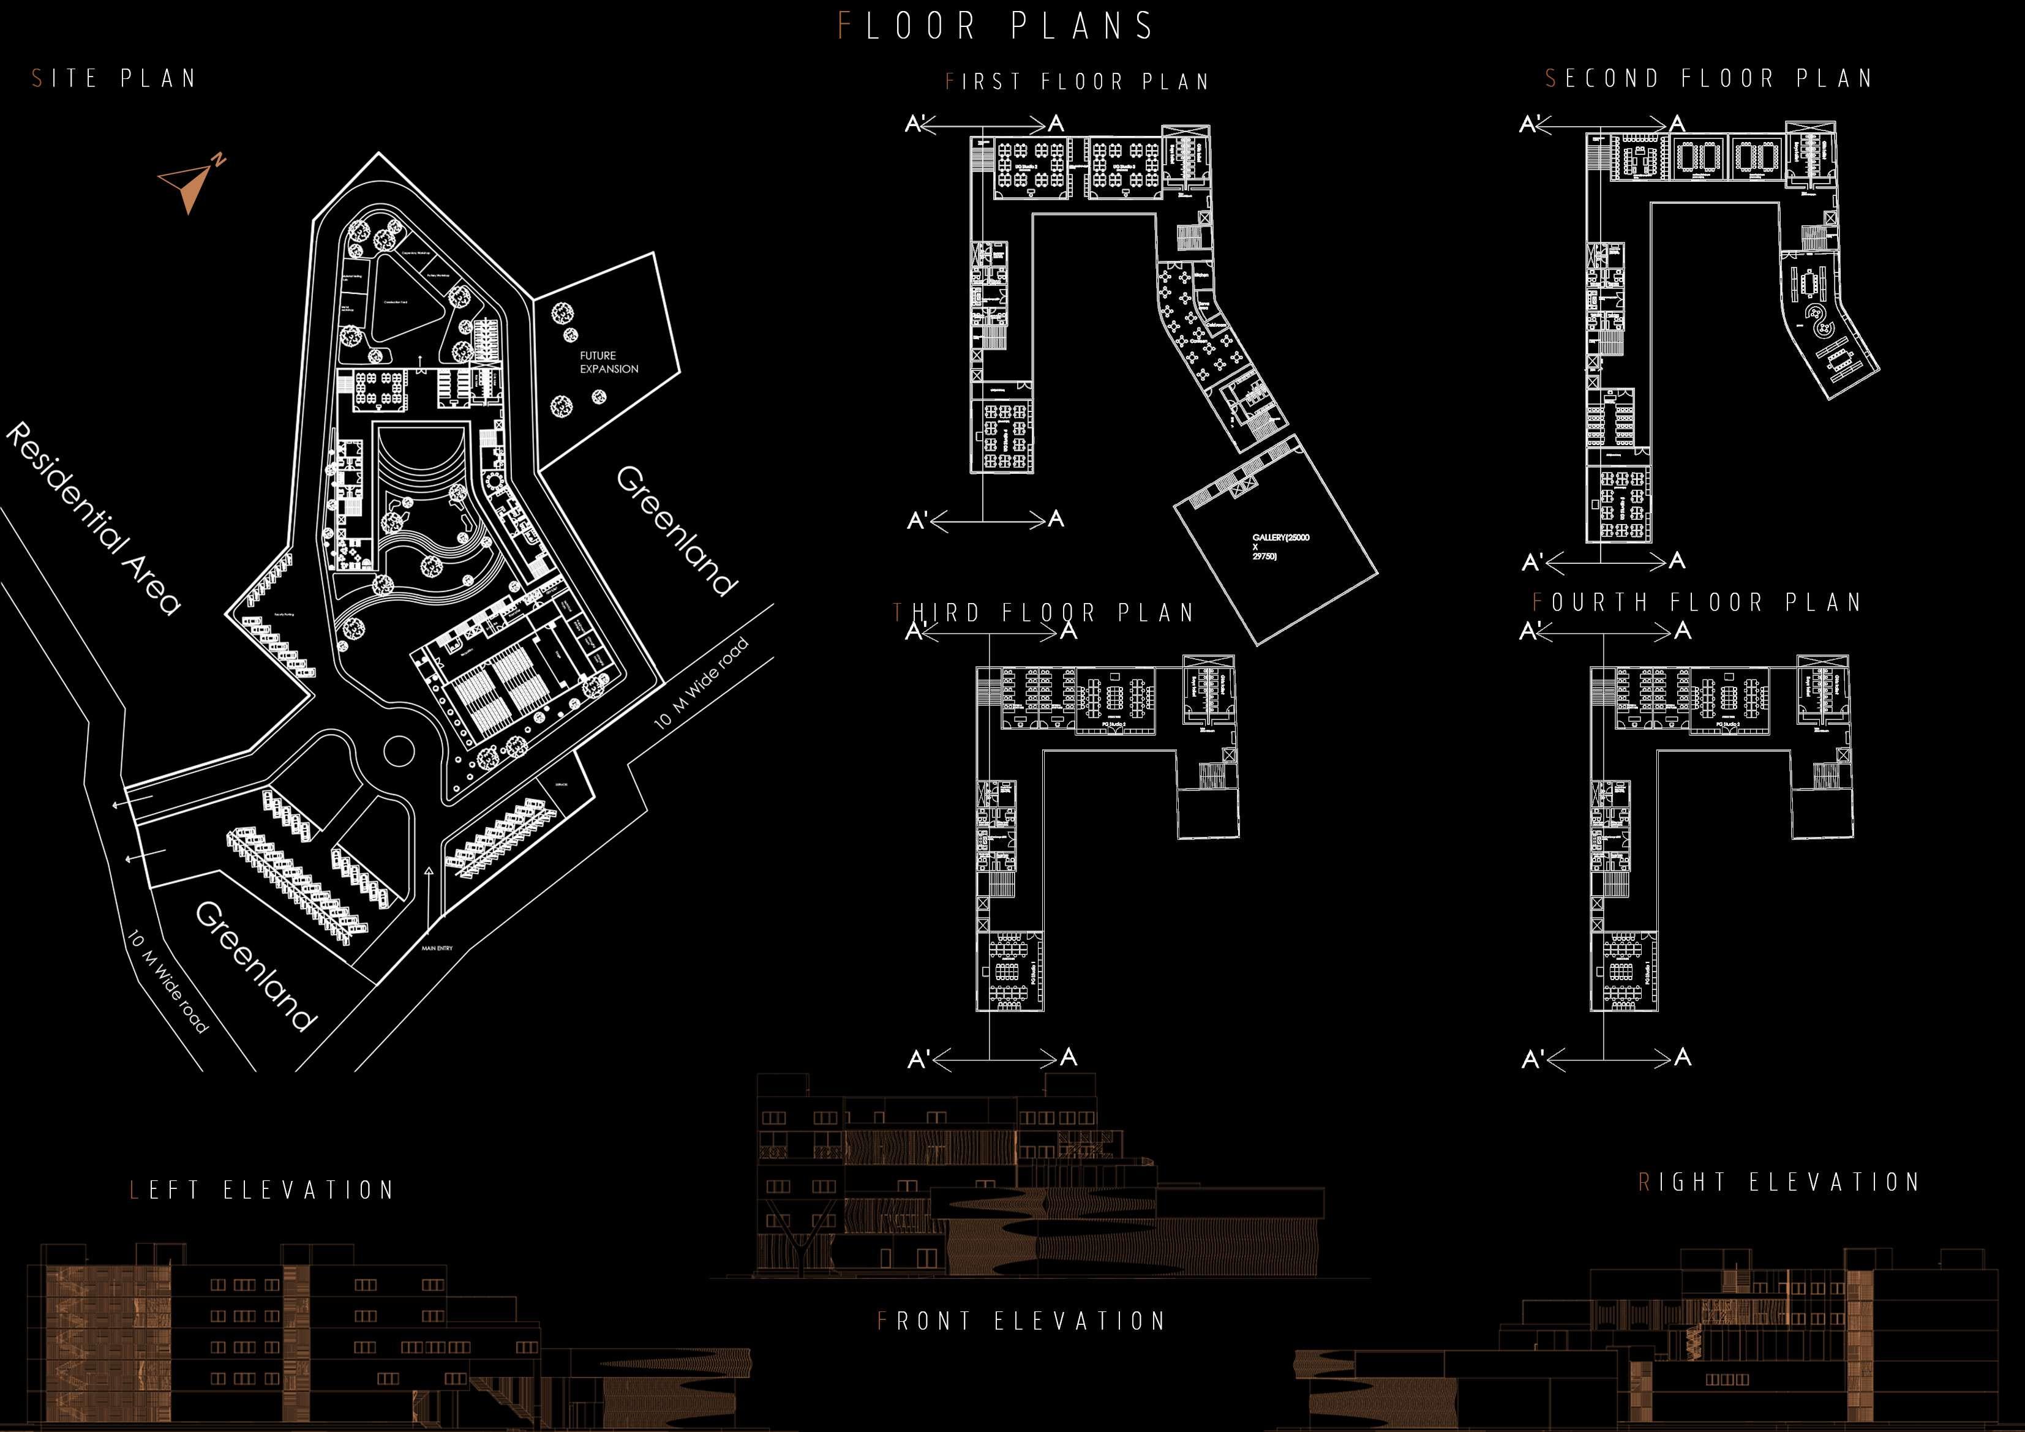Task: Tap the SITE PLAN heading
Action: (x=114, y=78)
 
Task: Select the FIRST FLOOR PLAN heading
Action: (x=1077, y=82)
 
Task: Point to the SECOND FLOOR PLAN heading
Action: (x=1708, y=78)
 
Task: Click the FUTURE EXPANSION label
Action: (x=609, y=362)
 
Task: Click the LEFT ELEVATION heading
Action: (x=262, y=1190)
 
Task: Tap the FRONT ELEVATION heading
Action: (x=1021, y=1321)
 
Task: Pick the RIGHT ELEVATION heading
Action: (x=1778, y=1182)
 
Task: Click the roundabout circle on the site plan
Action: (x=398, y=751)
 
